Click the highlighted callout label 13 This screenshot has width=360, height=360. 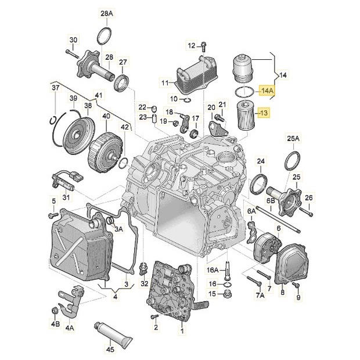coord(264,113)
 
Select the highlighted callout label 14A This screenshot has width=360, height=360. coord(268,91)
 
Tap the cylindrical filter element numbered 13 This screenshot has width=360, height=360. coord(245,117)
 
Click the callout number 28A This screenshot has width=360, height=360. coord(107,14)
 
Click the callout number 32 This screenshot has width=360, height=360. coord(145,284)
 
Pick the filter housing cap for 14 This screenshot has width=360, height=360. coord(243,69)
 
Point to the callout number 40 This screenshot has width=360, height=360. coord(106,116)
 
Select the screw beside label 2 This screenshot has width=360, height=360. coord(154,317)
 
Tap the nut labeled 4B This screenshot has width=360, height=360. coord(55,311)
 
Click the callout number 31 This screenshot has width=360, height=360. coord(66,197)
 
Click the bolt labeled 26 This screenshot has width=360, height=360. coord(306,211)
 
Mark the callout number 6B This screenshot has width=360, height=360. coord(271,201)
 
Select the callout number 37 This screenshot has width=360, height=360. coord(55,88)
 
